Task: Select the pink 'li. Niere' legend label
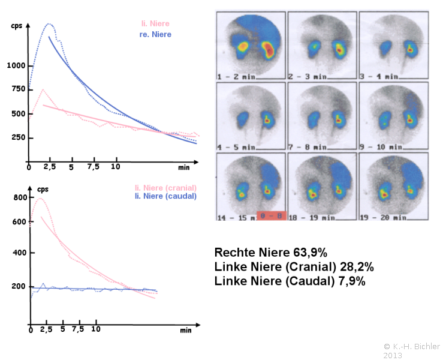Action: point(155,24)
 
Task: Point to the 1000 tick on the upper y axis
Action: point(17,66)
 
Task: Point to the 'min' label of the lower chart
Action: point(185,330)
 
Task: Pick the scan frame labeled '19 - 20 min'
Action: point(393,186)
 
